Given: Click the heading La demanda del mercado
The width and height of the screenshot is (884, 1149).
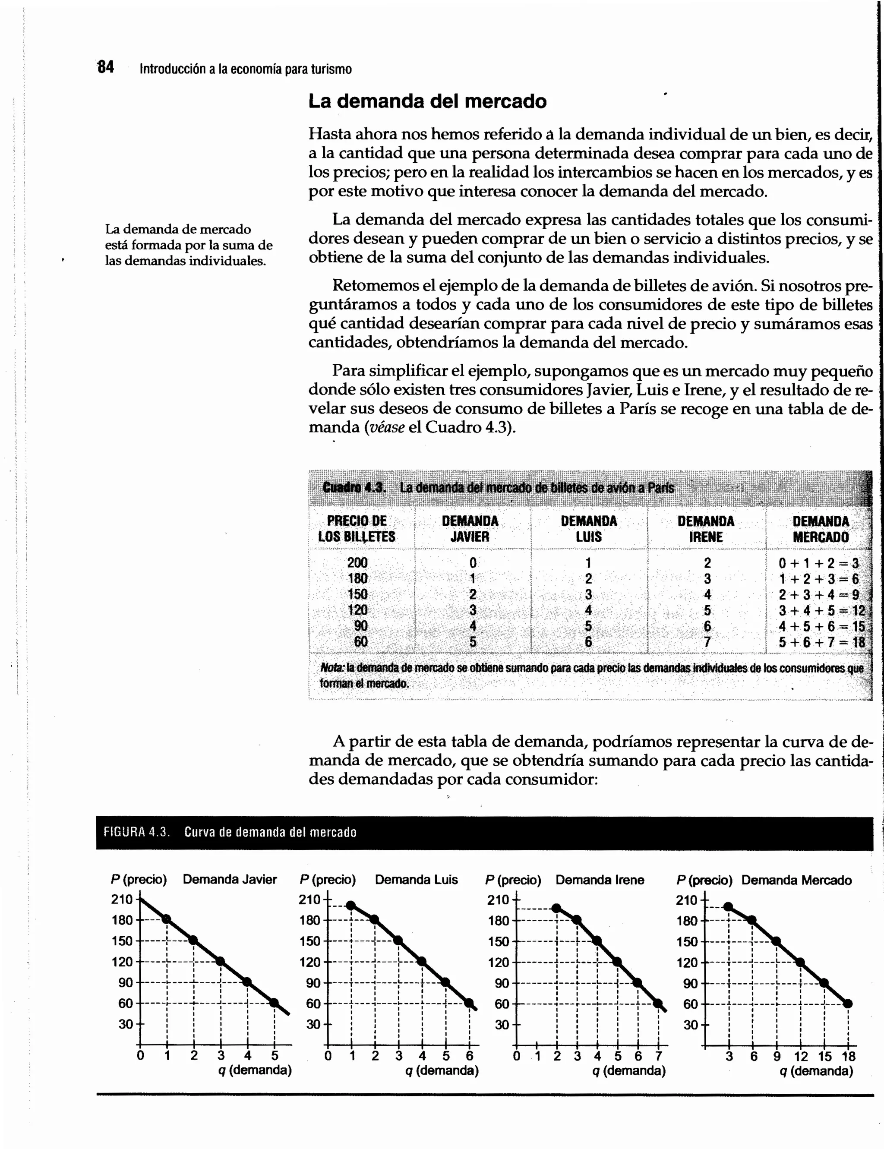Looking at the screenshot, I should click(427, 101).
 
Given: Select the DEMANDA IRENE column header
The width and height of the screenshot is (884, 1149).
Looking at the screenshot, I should click(706, 529).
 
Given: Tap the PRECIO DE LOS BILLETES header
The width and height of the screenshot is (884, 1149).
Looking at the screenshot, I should click(357, 529).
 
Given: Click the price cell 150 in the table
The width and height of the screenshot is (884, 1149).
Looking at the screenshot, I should click(357, 594).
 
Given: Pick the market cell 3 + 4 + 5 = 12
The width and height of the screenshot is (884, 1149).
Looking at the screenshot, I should click(821, 610).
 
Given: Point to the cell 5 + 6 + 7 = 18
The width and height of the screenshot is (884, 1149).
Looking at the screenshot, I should click(821, 642).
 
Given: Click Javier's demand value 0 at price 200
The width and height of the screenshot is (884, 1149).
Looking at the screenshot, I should click(473, 563).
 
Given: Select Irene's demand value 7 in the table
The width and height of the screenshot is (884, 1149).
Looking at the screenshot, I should click(707, 642).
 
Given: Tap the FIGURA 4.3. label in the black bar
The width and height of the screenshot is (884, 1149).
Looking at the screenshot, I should click(136, 832).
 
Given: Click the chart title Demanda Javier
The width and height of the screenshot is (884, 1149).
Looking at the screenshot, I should click(230, 880).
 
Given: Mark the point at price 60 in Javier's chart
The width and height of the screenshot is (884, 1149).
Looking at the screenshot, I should click(274, 1003).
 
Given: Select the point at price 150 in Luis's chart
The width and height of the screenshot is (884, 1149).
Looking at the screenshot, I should click(398, 940).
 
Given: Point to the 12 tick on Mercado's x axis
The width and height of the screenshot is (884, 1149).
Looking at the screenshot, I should click(801, 1056).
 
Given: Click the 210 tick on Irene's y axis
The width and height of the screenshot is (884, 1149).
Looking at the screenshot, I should click(498, 900).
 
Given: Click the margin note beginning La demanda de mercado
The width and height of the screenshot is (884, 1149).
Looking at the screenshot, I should click(188, 245).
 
